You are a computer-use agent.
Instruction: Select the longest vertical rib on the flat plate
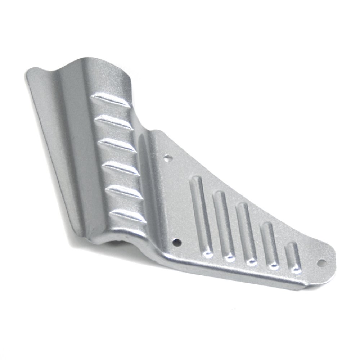pyautogui.click(x=201, y=216)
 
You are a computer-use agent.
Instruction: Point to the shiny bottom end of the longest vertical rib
pyautogui.click(x=208, y=255)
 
